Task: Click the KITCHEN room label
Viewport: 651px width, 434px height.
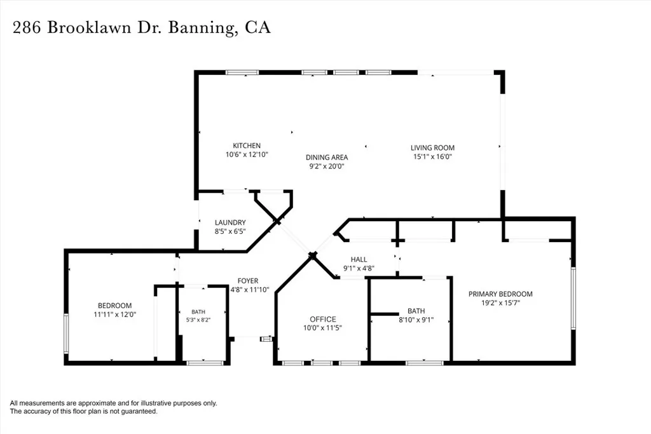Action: click(247, 146)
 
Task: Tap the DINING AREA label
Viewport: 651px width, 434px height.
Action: click(327, 157)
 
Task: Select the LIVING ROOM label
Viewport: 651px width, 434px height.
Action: click(432, 147)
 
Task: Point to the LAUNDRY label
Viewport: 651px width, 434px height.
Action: click(230, 222)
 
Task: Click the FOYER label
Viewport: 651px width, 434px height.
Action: click(248, 281)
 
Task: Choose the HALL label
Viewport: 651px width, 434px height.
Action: click(359, 259)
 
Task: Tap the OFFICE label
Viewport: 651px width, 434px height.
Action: click(323, 319)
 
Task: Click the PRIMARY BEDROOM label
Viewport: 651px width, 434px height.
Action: click(501, 294)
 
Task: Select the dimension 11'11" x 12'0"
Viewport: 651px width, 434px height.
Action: click(115, 315)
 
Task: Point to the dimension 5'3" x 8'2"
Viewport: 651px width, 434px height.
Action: click(198, 320)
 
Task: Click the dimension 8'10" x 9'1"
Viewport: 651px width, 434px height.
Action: click(416, 320)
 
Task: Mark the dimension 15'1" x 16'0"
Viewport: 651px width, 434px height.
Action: click(432, 156)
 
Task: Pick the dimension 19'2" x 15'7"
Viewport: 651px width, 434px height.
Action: click(501, 303)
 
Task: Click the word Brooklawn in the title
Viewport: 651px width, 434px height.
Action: click(89, 27)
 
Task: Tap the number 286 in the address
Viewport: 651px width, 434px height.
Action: click(27, 28)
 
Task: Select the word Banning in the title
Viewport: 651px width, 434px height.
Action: click(200, 28)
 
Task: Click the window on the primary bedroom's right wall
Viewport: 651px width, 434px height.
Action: click(573, 298)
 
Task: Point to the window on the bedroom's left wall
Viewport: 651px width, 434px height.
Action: click(66, 334)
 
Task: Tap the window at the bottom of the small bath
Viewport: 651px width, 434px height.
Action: click(205, 363)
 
